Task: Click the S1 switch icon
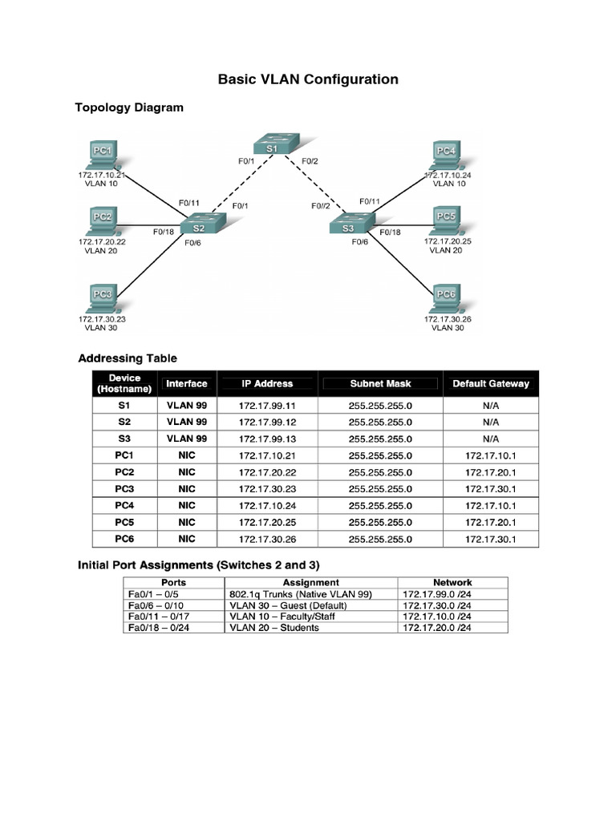pos(272,148)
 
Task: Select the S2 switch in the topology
pos(198,228)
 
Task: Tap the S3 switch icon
pos(348,228)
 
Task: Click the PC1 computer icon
pos(102,155)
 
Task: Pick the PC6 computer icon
pos(445,300)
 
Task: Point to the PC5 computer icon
pos(445,220)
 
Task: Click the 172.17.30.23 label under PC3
pos(102,318)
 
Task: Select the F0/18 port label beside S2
pos(164,232)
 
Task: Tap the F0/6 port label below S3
pos(359,242)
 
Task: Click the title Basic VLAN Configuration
pos(308,79)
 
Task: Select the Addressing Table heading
pos(128,358)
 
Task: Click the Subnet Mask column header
pos(380,384)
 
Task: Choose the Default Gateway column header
pos(491,384)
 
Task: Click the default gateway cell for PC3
pos(491,489)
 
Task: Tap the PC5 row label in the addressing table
pos(124,522)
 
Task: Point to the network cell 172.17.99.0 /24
pos(436,594)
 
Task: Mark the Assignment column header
pos(311,583)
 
